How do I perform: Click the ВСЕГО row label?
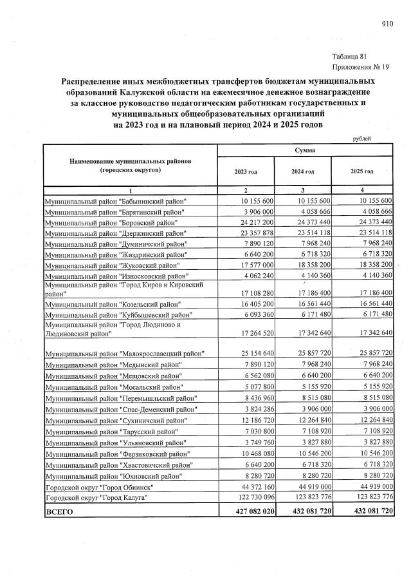coord(59,511)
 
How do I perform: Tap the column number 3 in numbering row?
coord(304,191)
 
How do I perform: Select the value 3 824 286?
coord(255,410)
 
